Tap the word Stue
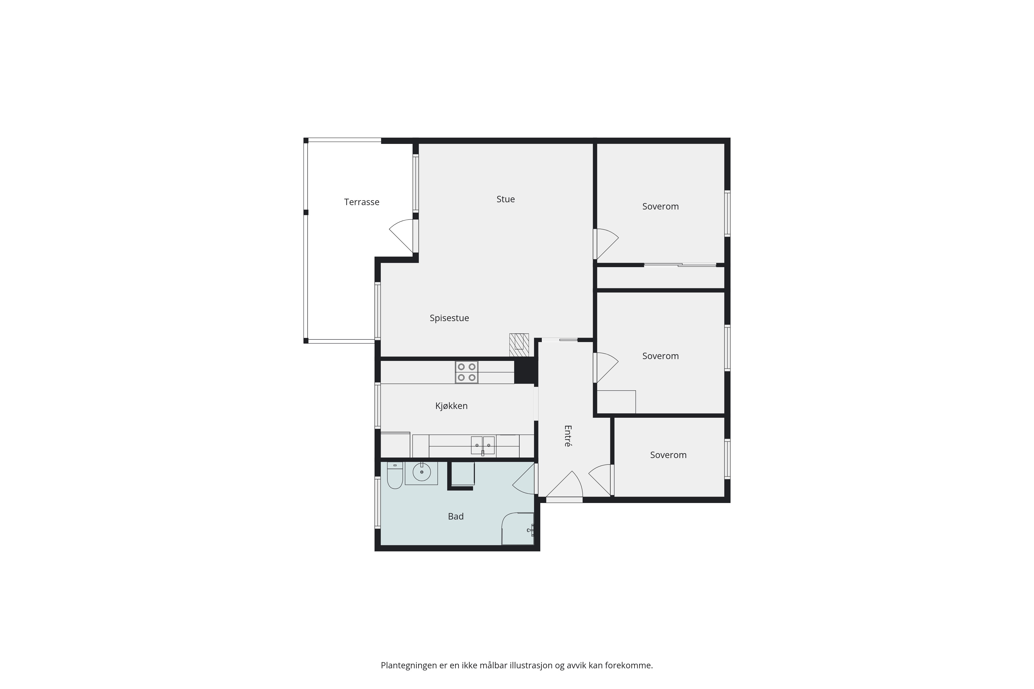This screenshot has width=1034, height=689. tap(506, 199)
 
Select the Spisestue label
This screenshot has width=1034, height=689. tap(449, 318)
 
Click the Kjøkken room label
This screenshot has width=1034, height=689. tap(452, 406)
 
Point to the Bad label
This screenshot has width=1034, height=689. tap(456, 516)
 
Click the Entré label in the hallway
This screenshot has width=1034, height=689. tap(568, 436)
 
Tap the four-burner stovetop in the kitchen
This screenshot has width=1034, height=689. tap(466, 372)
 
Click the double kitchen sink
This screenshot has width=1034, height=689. tap(483, 445)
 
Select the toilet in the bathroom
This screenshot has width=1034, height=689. tap(395, 475)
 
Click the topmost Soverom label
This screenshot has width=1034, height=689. tap(660, 206)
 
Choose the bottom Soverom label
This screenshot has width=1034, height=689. tap(668, 455)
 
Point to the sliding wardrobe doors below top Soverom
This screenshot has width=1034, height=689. tap(680, 265)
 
